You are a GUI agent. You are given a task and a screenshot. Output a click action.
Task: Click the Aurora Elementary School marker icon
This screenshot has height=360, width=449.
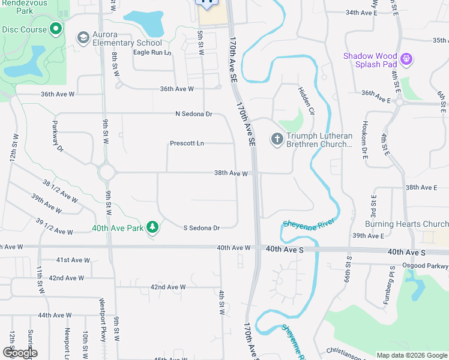[x=83, y=38]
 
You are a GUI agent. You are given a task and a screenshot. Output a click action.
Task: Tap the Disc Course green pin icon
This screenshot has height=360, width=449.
[x=56, y=28]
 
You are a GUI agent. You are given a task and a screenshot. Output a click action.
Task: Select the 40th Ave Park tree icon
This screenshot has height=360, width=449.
[x=152, y=227]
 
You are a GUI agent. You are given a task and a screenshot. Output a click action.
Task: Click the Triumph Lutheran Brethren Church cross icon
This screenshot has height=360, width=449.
[x=277, y=139]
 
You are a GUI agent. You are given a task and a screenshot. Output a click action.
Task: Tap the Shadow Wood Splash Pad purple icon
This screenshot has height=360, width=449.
[x=407, y=59]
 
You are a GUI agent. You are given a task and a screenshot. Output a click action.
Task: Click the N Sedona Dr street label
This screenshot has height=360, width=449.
[x=193, y=114]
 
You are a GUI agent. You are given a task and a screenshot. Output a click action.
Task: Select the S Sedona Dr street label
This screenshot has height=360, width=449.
[x=201, y=228]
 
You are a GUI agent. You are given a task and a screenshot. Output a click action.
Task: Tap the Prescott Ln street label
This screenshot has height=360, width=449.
[x=187, y=143]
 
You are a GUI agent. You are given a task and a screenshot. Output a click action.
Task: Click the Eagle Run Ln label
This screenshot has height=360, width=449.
[x=152, y=53]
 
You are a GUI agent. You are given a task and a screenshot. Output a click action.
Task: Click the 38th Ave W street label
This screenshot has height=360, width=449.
[x=231, y=173]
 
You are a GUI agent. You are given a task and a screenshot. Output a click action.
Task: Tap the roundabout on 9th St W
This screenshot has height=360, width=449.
[x=107, y=172]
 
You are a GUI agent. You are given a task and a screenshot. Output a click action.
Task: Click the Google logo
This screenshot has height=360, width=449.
[x=20, y=352]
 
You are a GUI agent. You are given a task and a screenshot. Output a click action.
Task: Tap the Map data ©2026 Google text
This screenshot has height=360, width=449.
[x=411, y=355]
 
